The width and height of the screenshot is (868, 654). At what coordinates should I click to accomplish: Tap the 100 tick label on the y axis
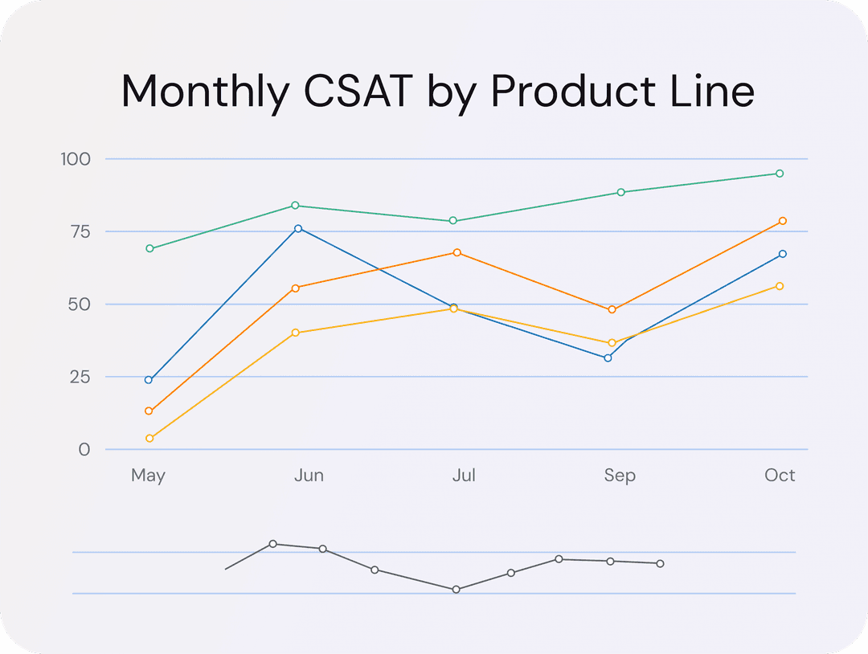coord(76,159)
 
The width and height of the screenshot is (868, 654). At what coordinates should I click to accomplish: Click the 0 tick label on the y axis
coord(84,449)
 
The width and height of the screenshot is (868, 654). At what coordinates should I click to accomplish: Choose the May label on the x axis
coord(148,475)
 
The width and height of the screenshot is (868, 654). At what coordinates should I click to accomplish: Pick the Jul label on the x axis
coord(464,475)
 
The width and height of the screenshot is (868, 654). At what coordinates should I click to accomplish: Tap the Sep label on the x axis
coord(620,475)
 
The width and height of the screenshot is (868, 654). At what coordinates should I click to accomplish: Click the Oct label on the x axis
coord(780,475)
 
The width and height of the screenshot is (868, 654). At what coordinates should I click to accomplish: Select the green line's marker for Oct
coord(780,174)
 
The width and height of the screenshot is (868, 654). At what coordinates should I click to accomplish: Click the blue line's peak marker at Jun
coord(298,228)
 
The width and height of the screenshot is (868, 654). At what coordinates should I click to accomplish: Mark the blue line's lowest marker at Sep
coord(608,358)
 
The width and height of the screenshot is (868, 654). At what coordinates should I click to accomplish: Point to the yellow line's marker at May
coord(149,439)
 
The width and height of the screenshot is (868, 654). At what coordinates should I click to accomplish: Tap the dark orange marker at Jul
coord(457,252)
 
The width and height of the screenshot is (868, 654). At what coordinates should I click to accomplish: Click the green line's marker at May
coord(149,248)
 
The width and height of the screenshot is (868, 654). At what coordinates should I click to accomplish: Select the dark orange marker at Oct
coord(783,221)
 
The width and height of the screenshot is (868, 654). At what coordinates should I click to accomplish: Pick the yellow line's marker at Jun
coord(296,333)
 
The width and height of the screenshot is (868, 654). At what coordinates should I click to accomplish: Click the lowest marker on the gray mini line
coord(456,589)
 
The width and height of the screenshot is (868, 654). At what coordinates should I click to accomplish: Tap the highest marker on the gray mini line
coord(273,544)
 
